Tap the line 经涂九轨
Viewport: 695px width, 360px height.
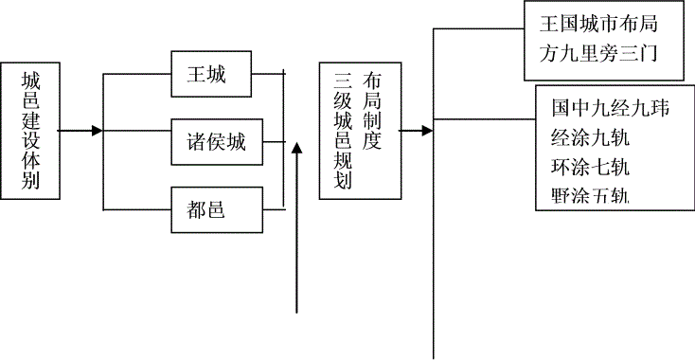point(590,137)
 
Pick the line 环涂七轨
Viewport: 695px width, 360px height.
point(590,167)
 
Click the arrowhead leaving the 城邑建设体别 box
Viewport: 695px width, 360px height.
point(97,131)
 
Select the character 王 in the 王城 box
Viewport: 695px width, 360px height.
point(197,74)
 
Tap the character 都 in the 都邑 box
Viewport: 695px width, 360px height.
point(196,209)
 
